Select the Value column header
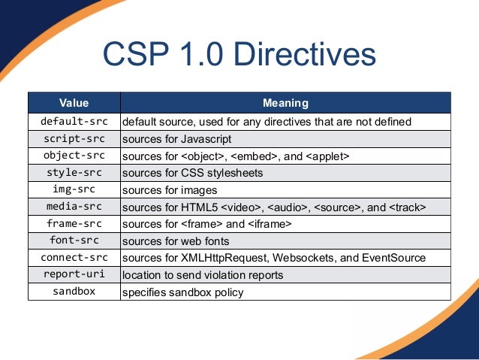pos(74,103)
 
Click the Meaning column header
pos(285,103)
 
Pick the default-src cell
pos(74,121)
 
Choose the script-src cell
pos(74,138)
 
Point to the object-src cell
pos(74,156)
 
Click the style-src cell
pos(74,172)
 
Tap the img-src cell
pos(74,189)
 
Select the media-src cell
pos(74,207)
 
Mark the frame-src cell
pos(74,223)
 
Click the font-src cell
pos(74,241)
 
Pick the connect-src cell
pos(74,258)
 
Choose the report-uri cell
pos(74,274)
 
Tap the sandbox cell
pos(74,292)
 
